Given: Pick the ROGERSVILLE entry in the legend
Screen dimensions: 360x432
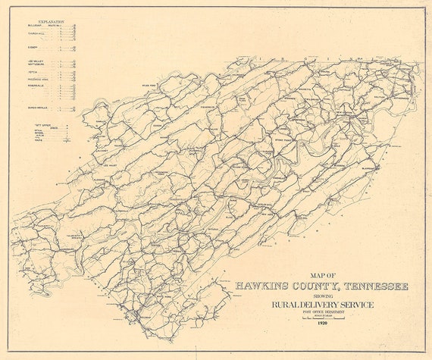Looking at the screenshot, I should point(39,85).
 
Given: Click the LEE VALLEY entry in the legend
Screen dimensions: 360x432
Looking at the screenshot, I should point(35,60).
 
